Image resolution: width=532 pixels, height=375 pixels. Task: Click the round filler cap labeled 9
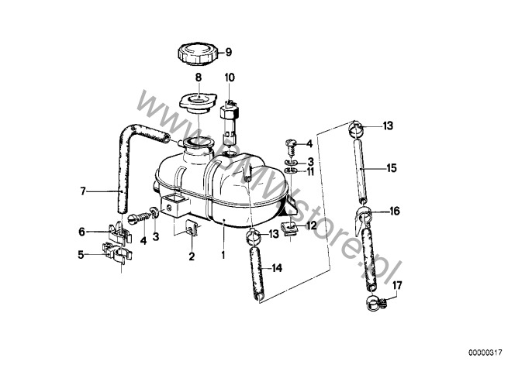tap(197, 54)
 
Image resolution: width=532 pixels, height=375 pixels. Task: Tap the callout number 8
tap(199, 77)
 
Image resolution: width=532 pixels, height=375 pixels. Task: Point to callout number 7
tap(83, 191)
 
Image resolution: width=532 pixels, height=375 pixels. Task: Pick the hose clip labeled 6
tap(119, 232)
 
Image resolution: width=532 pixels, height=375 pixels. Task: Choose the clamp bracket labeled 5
tap(117, 253)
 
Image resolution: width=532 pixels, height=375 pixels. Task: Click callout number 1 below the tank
tap(223, 255)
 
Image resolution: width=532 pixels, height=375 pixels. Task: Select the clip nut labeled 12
tap(290, 227)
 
